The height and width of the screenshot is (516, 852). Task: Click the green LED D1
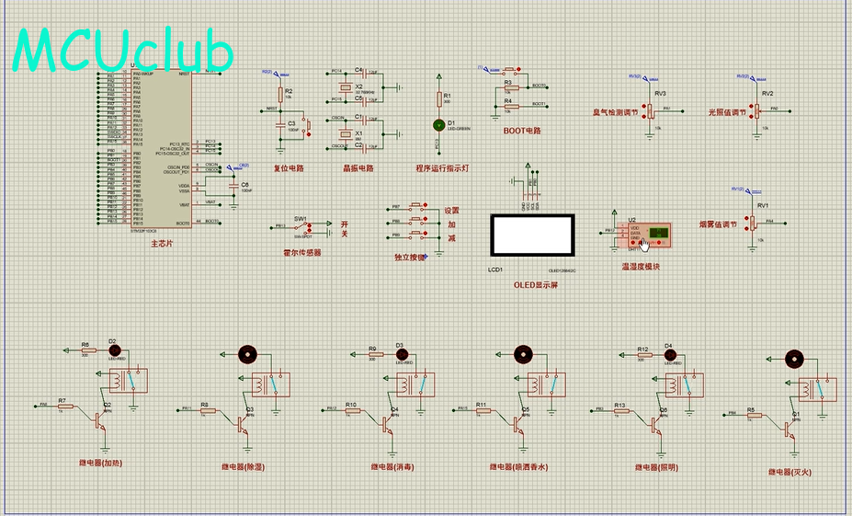[x=438, y=124]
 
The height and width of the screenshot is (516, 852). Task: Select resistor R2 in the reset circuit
[x=279, y=93]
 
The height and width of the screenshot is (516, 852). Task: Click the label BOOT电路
[x=522, y=131]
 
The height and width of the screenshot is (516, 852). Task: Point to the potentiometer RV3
[x=649, y=110]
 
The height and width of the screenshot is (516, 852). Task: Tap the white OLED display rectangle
[x=533, y=236]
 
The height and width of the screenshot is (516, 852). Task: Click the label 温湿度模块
[x=641, y=267]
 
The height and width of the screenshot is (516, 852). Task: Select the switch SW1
[x=303, y=225]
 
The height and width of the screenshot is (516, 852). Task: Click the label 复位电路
[x=289, y=168]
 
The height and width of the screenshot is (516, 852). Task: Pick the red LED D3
[x=400, y=350]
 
